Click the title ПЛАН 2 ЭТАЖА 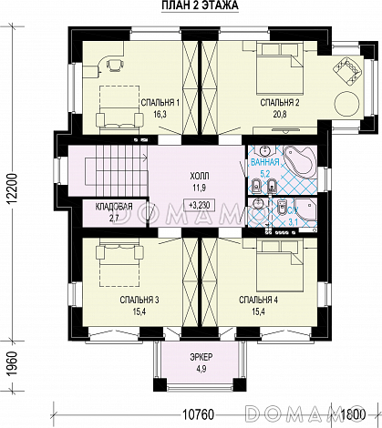(x=200, y=5)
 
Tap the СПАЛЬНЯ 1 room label (x=160, y=103)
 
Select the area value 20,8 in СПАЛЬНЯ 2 (x=280, y=114)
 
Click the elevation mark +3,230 (x=200, y=205)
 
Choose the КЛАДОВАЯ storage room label (x=114, y=207)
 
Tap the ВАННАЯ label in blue (x=265, y=162)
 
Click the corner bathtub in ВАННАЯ (x=299, y=160)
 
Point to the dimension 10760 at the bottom (x=199, y=414)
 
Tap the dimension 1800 (x=353, y=414)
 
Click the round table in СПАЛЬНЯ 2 (x=346, y=104)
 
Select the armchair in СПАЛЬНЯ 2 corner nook (x=348, y=70)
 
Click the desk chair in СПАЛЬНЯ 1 (x=115, y=65)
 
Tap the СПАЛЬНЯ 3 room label (x=139, y=301)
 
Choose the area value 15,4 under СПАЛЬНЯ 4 (x=258, y=311)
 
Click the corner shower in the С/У (x=305, y=209)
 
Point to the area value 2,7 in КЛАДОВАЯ (x=114, y=218)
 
